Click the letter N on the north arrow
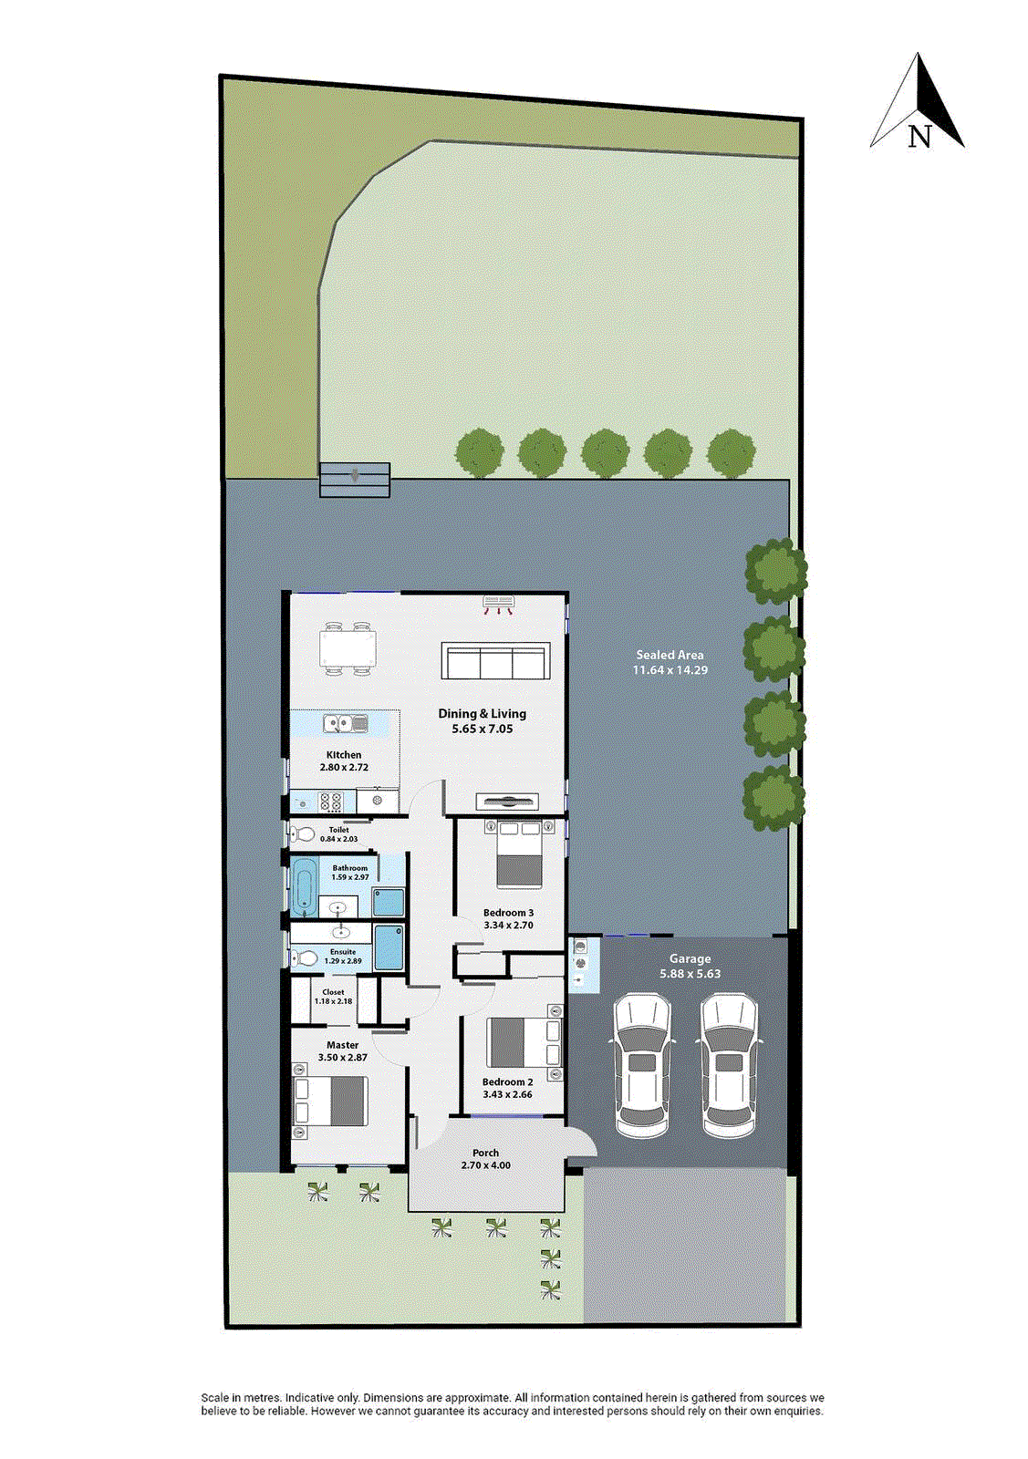[919, 137]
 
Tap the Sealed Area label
[670, 655]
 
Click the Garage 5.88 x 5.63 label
[690, 966]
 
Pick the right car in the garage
[728, 1064]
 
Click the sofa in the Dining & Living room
[495, 661]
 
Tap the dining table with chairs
[348, 649]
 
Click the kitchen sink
[345, 724]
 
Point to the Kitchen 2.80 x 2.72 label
[344, 761]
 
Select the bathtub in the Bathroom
[304, 886]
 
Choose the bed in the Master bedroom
[330, 1101]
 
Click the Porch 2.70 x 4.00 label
[485, 1159]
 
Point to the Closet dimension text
[333, 1001]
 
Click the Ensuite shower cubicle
[388, 947]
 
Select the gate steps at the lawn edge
[355, 480]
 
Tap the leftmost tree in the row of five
[479, 453]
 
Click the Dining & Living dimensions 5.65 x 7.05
[482, 729]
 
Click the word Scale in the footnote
[214, 1398]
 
